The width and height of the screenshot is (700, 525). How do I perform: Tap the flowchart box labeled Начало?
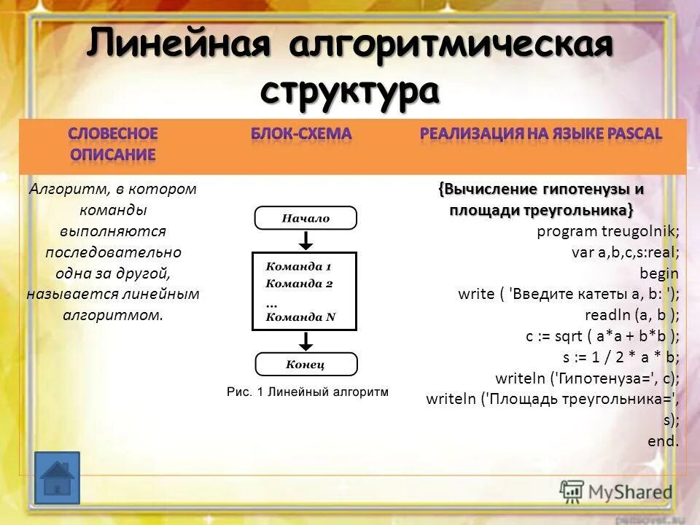coord(306,218)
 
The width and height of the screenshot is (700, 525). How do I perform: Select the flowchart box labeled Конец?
coord(306,364)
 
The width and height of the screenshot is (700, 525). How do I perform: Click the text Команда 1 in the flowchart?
coord(298,267)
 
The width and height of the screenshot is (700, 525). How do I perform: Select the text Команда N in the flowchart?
coord(300,316)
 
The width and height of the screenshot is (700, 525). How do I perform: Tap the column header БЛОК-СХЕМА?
coord(301,134)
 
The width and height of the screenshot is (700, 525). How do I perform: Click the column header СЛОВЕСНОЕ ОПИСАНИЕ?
coord(113,144)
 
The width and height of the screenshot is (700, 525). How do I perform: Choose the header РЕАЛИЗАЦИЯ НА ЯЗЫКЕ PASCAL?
coord(540,134)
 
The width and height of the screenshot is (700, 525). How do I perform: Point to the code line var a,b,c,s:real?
coord(625,253)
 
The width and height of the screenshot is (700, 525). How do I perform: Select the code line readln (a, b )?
coord(631,315)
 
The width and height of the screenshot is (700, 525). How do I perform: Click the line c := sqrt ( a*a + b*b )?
coord(602,336)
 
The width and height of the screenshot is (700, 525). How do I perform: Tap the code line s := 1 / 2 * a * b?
coord(621,357)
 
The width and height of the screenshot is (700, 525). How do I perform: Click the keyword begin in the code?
coord(658,274)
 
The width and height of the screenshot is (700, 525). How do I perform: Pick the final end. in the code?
coord(663,441)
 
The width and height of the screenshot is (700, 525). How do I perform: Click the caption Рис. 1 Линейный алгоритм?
coord(308,392)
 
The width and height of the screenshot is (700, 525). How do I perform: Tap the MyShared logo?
coord(616,491)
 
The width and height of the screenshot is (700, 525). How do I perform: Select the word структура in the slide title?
coord(350,91)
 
